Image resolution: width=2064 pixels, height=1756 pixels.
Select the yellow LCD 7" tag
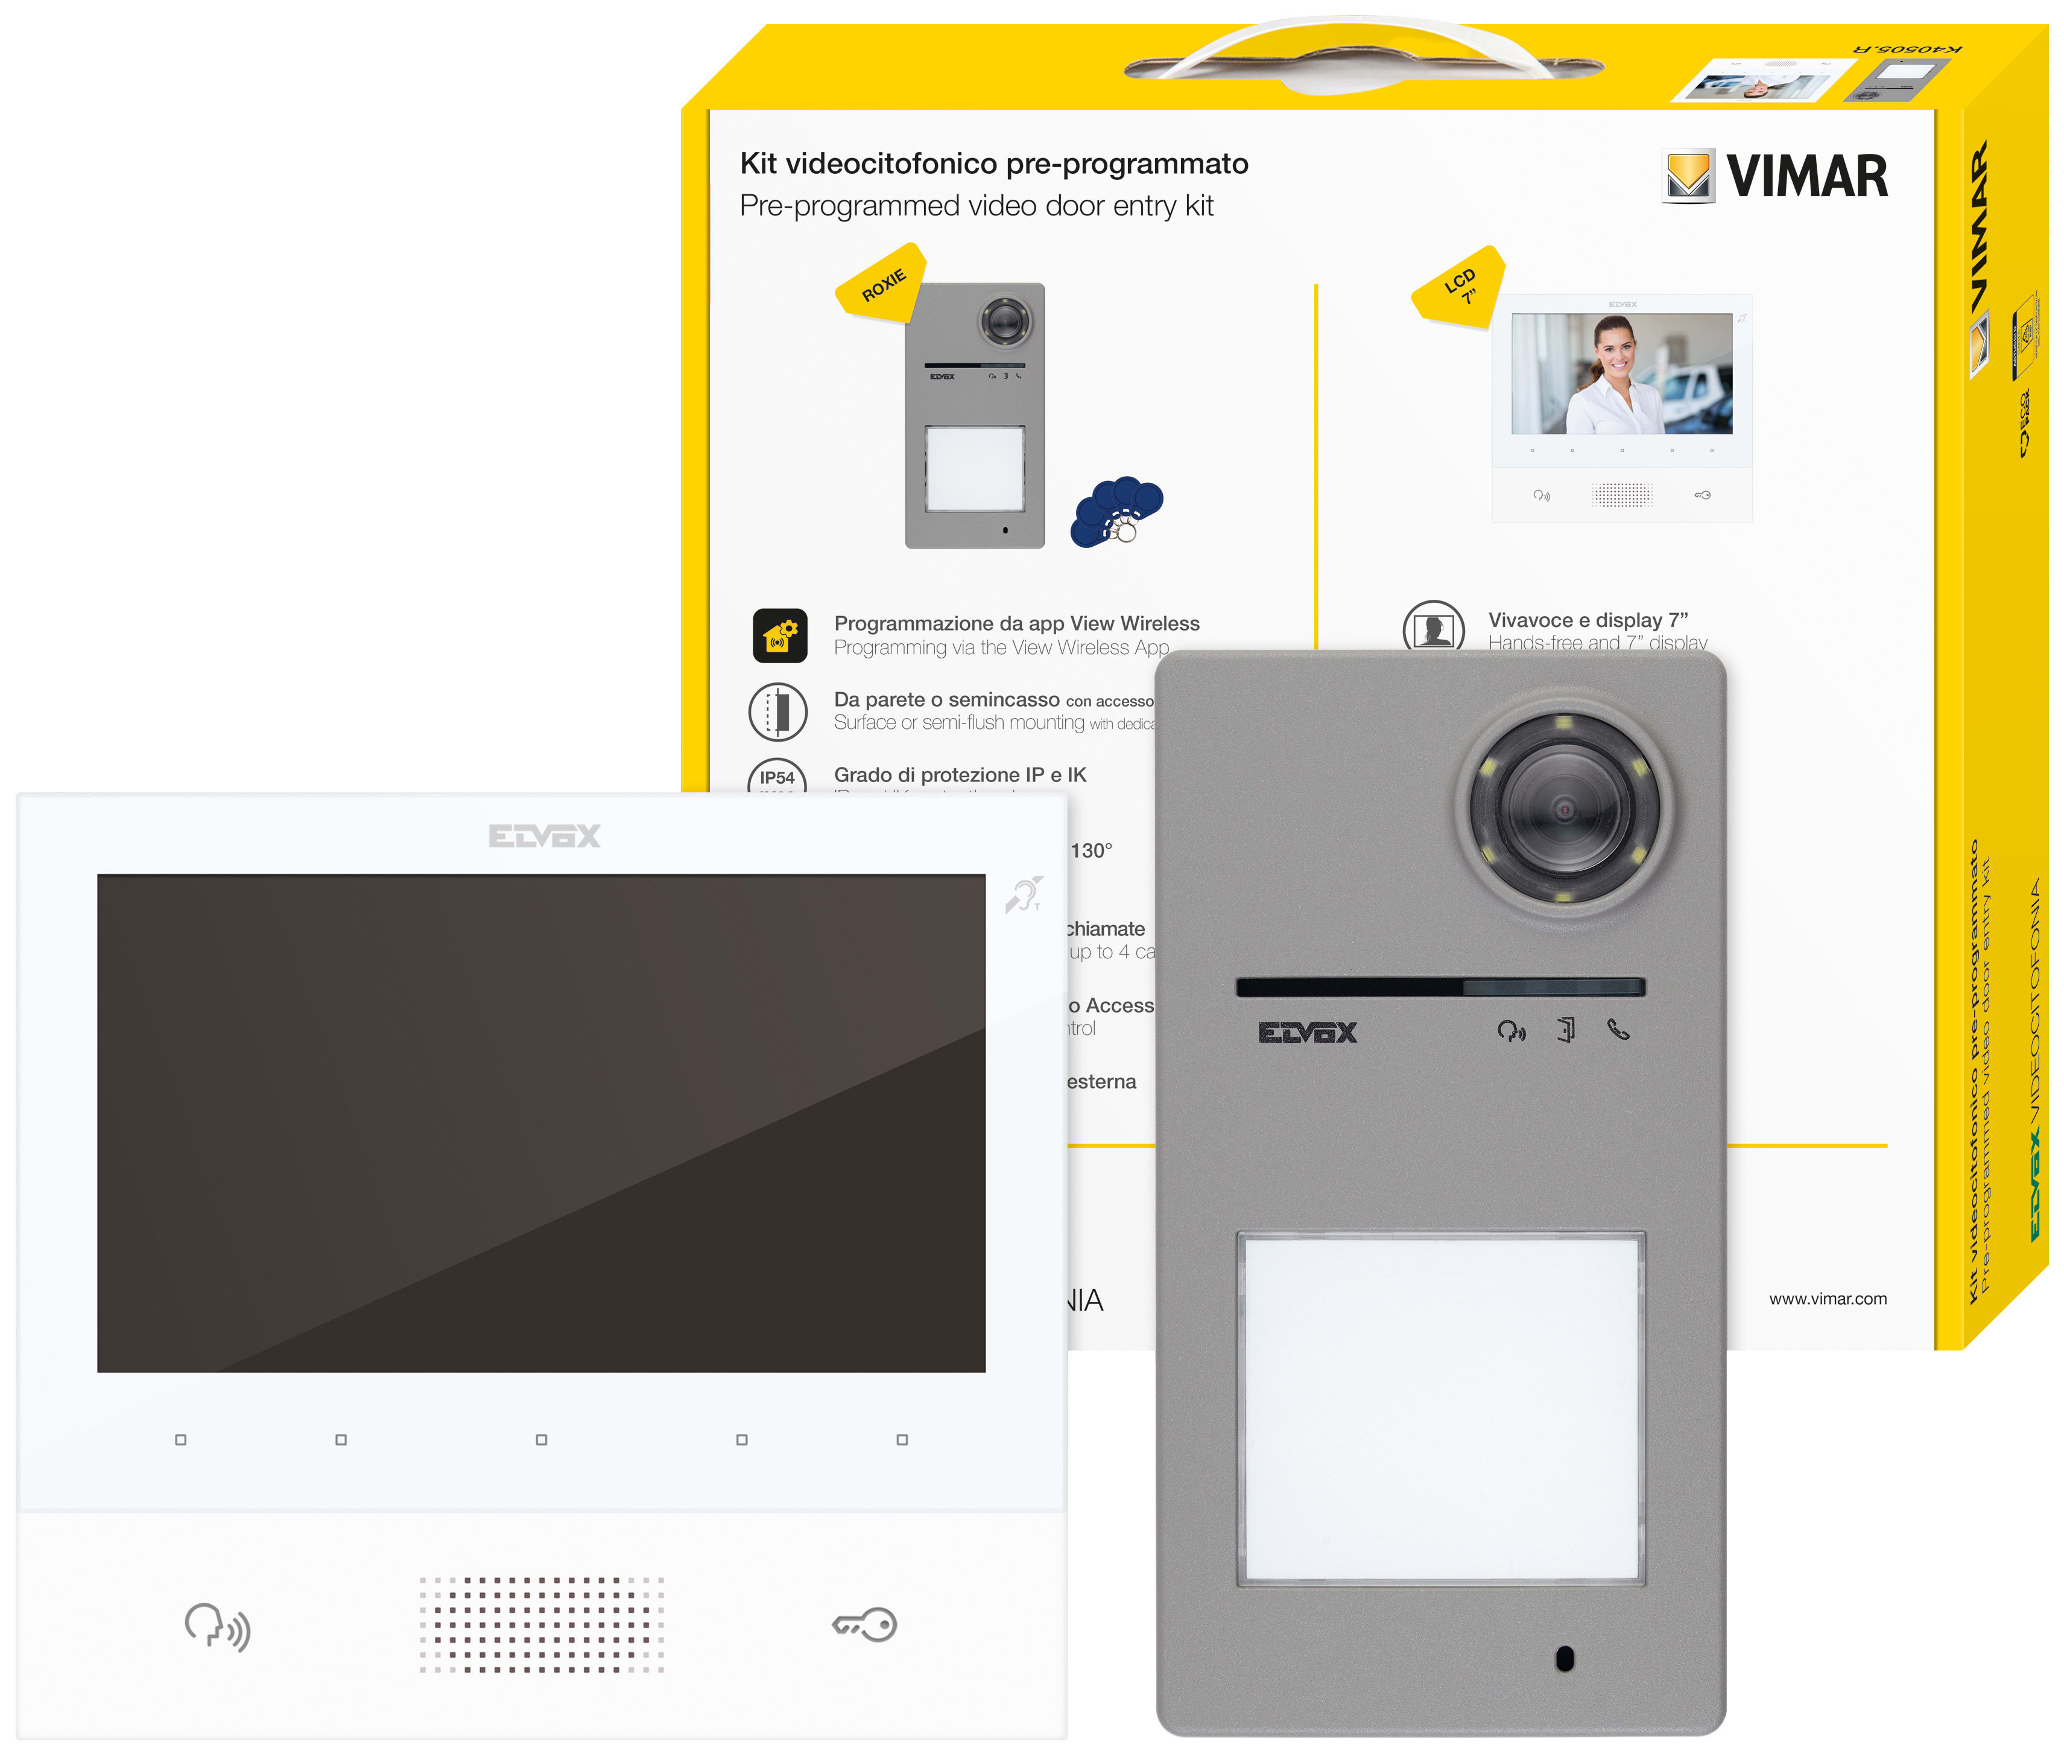(x=1459, y=285)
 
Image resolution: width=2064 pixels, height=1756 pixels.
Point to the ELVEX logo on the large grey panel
(x=1306, y=1032)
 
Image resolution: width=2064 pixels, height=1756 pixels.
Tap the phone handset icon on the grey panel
(x=1618, y=1029)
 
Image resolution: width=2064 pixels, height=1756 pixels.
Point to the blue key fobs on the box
(x=1116, y=510)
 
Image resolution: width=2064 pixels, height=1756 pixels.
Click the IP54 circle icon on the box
(x=777, y=777)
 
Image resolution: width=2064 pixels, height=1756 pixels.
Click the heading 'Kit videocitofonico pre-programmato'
(x=993, y=164)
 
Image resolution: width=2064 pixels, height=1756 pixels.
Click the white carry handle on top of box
(x=1363, y=49)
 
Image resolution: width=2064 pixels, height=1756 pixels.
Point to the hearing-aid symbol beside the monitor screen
(x=1023, y=895)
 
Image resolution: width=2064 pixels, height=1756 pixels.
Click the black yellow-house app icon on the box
(x=779, y=635)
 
